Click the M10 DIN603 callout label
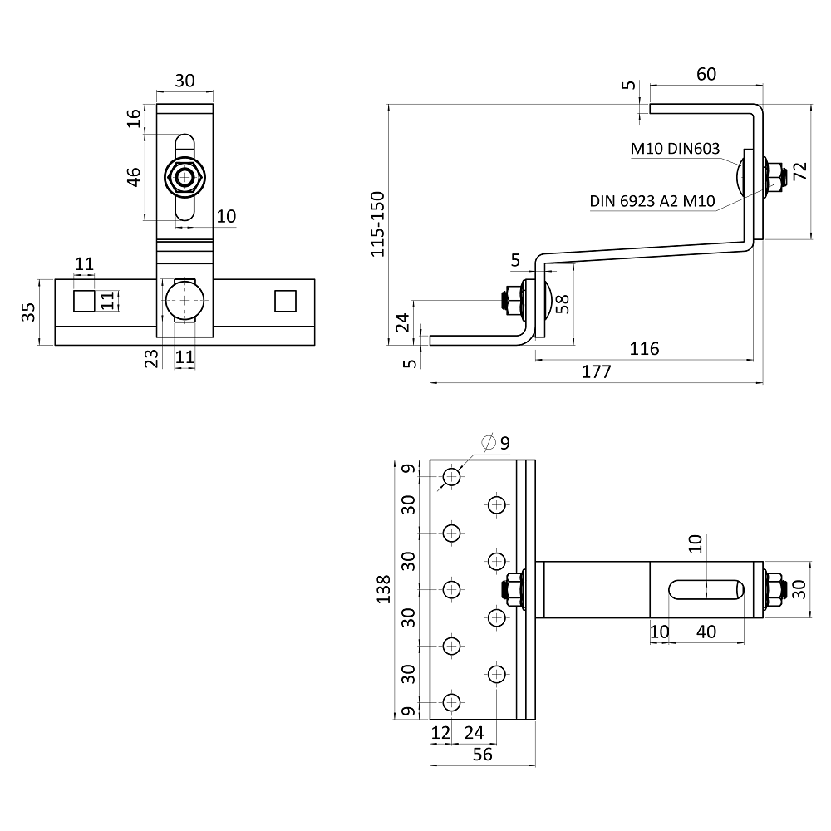coord(675,149)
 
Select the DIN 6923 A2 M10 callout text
coord(652,201)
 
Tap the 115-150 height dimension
coord(377,224)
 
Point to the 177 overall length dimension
coord(596,371)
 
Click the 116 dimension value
coord(644,349)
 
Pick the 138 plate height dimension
coord(383,589)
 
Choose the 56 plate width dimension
coord(482,755)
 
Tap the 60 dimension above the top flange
coord(706,74)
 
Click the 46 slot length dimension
coord(134,177)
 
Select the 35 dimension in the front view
coord(28,312)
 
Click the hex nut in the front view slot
coord(185,177)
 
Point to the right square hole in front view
coord(285,301)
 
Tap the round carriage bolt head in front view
coord(184,301)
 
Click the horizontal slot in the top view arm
coord(706,590)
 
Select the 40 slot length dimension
coord(706,632)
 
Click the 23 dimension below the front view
coord(151,358)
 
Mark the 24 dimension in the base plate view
coord(474,732)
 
